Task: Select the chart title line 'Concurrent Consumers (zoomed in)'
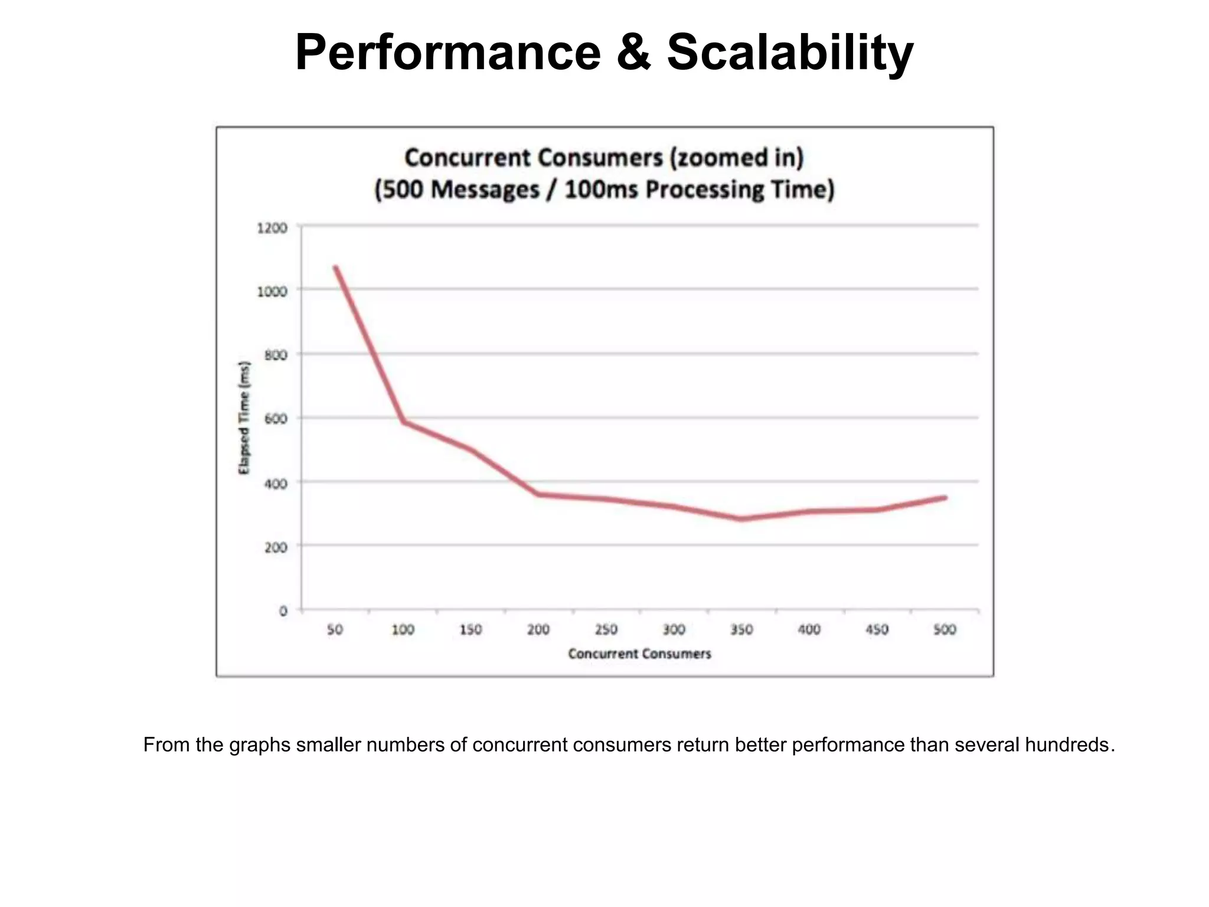[604, 158]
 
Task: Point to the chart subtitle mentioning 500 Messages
[604, 190]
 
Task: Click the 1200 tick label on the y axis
[272, 228]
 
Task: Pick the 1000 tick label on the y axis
[272, 291]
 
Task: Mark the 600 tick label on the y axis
[276, 419]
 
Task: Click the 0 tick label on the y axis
[283, 611]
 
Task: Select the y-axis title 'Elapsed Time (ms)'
[244, 417]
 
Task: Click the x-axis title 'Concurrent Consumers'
[639, 654]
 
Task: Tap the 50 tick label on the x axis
[335, 629]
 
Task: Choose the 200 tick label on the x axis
[538, 629]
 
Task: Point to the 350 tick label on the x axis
[741, 629]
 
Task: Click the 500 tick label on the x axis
[945, 629]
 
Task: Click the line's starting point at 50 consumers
[335, 267]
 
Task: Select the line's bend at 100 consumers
[404, 422]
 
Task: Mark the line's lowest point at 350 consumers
[741, 519]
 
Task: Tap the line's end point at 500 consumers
[945, 498]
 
